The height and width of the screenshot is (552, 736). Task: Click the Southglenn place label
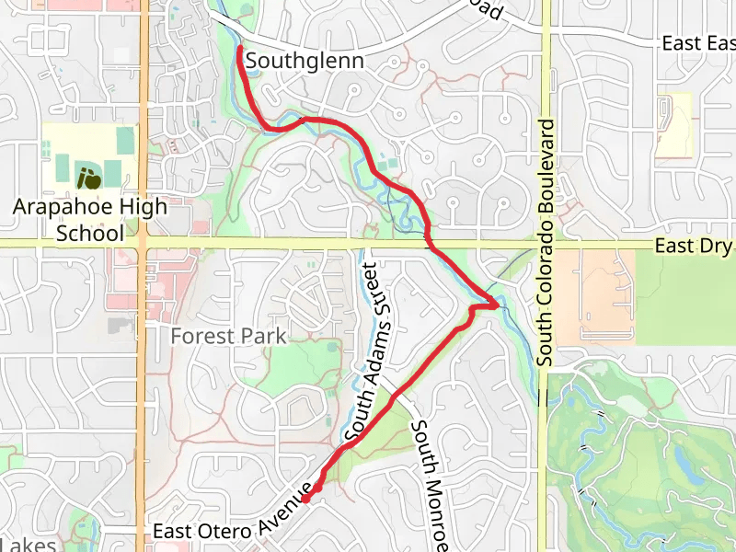click(x=305, y=62)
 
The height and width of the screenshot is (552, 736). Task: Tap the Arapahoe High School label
click(x=89, y=219)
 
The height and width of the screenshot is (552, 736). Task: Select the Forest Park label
click(x=228, y=336)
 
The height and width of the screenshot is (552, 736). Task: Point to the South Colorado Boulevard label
click(x=546, y=242)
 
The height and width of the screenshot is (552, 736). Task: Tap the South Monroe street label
click(x=431, y=482)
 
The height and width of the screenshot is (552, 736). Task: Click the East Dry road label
click(x=695, y=247)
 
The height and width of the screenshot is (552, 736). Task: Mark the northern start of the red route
click(x=240, y=47)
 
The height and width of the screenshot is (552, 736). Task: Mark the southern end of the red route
click(x=305, y=499)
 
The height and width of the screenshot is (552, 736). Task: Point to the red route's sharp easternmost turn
click(x=500, y=304)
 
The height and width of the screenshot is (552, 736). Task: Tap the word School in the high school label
click(x=89, y=233)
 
